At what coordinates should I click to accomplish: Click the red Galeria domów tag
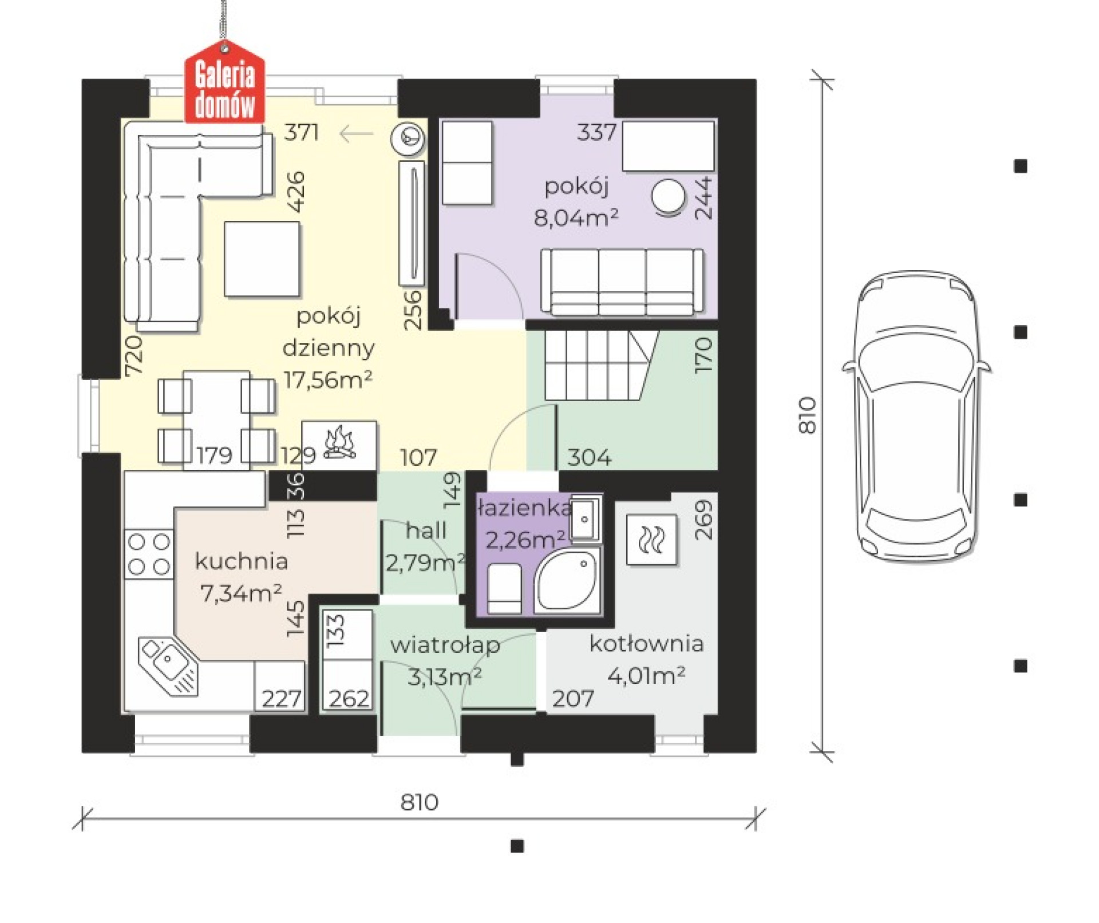pos(225,84)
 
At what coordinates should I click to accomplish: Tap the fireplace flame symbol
pos(340,442)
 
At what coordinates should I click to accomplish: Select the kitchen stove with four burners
pos(149,554)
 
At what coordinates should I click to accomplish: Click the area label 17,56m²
pos(329,379)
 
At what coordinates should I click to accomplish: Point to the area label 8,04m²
pos(576,217)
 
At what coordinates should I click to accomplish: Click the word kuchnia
pos(241,561)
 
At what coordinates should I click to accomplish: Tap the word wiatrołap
pos(445,645)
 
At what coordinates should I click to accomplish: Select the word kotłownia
pos(646,644)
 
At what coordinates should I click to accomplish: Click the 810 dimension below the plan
pos(420,802)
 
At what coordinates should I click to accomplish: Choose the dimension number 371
pos(302,133)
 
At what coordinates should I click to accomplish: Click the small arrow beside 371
pos(356,134)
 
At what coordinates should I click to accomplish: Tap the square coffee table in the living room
pos(263,259)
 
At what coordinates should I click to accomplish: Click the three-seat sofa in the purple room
pos(622,282)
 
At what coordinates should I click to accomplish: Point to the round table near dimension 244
pos(668,197)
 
